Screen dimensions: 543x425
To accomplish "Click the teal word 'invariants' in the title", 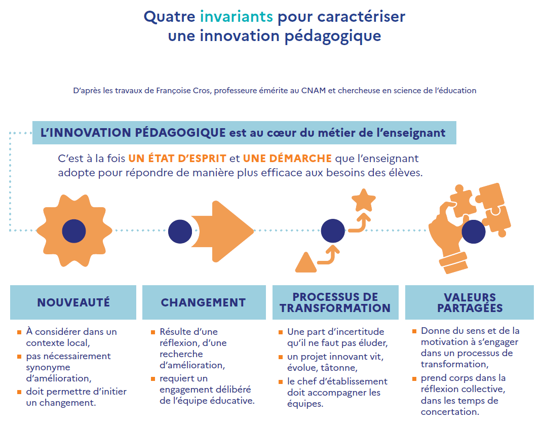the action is (237, 16).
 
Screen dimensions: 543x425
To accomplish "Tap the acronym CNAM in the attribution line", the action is (313, 90).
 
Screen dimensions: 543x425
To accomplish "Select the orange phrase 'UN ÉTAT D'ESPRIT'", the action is (177, 158).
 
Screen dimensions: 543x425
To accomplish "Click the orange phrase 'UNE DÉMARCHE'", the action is (287, 158).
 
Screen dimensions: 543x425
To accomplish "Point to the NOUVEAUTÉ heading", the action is (73, 302).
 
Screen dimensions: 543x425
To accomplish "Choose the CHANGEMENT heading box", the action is (204, 302).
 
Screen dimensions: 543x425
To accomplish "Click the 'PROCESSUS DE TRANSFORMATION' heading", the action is (335, 302).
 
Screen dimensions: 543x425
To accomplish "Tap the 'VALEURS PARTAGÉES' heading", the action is (470, 302).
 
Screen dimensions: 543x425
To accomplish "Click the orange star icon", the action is (364, 200).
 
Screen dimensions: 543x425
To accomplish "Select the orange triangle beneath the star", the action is (306, 263).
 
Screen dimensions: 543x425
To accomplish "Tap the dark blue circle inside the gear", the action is (74, 231).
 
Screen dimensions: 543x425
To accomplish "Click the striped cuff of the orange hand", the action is (454, 263).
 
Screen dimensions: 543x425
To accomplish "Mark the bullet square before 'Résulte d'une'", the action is (153, 332).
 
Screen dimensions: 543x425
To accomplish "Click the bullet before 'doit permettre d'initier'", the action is (19, 392).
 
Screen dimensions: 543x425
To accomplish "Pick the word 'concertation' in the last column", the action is (450, 412).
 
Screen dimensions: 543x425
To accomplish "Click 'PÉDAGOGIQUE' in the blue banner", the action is (180, 133).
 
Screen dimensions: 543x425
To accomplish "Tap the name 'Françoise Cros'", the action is (183, 90).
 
